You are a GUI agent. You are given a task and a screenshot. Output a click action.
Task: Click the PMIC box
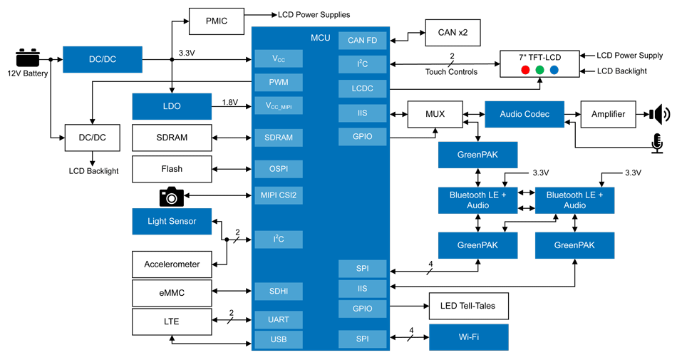[x=217, y=21]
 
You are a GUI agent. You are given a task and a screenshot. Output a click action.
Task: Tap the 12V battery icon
[x=28, y=58]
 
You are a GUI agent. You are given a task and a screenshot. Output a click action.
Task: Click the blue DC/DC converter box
[x=103, y=59]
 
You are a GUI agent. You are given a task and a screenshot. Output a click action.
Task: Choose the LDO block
[x=172, y=106]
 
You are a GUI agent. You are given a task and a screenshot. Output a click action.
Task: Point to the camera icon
[x=170, y=195]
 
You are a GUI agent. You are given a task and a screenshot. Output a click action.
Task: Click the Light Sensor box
[x=172, y=221]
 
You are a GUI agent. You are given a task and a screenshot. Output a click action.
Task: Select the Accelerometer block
[x=172, y=264]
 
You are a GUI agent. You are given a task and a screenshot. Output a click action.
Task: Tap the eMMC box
[x=172, y=293]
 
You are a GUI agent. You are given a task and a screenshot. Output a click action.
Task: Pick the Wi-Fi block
[x=468, y=336]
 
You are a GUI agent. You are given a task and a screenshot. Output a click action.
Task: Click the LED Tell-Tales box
[x=468, y=307]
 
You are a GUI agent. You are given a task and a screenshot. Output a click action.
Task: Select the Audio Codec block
[x=524, y=114]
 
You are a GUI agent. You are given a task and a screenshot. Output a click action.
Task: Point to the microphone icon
[x=656, y=143]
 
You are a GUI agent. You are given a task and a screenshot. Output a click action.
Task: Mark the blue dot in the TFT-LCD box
[x=554, y=70]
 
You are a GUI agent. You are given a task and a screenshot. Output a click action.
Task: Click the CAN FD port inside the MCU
[x=363, y=41]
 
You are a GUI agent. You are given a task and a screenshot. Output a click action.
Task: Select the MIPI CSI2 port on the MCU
[x=279, y=195]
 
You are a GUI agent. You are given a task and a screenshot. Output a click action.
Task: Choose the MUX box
[x=434, y=114]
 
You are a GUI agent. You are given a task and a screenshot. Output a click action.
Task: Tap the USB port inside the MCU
[x=279, y=339]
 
